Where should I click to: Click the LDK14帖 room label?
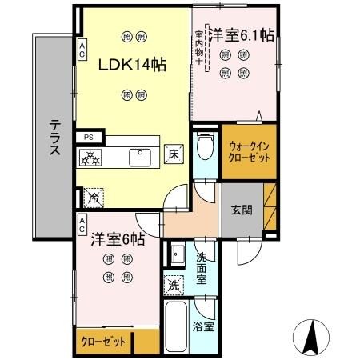pos(132,66)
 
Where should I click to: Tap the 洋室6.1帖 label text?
pos(242,35)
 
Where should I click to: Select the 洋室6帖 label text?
pos(117,238)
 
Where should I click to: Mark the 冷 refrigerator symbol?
pos(94,194)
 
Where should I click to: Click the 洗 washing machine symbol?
pos(174,284)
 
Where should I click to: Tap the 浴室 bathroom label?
pos(203,327)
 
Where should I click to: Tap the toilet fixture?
pos(206,146)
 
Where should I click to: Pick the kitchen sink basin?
pos(142,156)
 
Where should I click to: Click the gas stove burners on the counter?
pos(90,158)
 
